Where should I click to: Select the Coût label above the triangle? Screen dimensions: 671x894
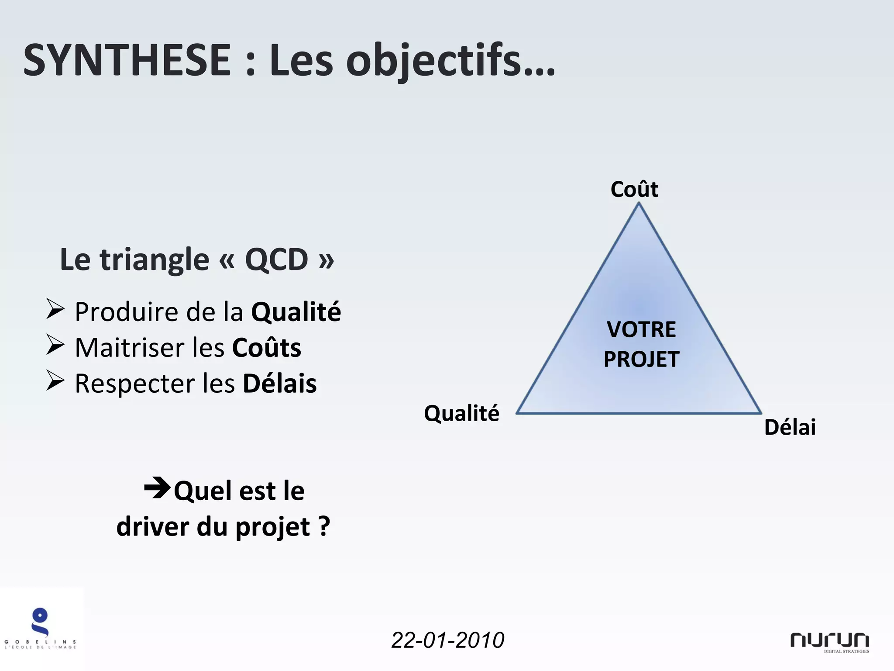(634, 189)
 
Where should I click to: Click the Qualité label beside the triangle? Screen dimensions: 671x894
(461, 413)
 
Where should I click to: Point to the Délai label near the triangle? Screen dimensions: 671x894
(790, 427)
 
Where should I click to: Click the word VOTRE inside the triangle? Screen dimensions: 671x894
(641, 329)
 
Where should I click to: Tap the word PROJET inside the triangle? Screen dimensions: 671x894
(641, 359)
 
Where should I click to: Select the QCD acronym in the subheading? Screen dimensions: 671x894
(276, 260)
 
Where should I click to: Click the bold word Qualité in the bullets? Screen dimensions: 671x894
(296, 312)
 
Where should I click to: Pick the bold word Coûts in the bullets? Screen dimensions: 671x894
(266, 348)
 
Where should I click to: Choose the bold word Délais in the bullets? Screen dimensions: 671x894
(279, 384)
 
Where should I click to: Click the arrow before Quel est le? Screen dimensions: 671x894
(157, 488)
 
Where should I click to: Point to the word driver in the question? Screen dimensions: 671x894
(153, 527)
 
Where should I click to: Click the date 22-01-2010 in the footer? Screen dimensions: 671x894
(447, 640)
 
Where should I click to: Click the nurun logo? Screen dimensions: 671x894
(829, 641)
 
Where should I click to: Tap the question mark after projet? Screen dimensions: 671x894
(324, 527)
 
